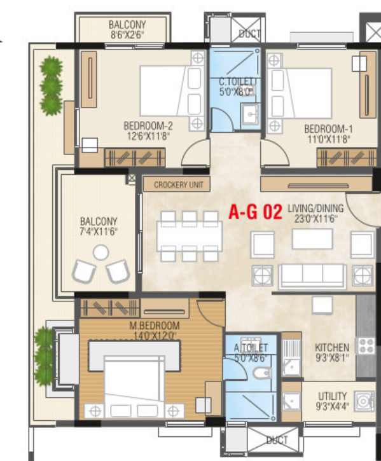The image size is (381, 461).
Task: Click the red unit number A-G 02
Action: coord(255,212)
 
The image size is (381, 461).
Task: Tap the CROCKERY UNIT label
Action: coord(179,185)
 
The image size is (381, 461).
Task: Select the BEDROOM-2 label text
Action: coord(148,126)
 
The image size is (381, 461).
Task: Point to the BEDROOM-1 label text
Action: coord(328,129)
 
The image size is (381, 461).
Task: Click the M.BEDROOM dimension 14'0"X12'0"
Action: coord(155,336)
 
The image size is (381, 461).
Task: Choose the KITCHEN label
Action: coord(332,348)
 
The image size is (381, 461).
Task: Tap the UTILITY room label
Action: coord(333,396)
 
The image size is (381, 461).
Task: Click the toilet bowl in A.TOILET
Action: coord(262,373)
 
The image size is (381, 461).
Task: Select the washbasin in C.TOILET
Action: coord(250,114)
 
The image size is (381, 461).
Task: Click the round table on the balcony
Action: coord(101,253)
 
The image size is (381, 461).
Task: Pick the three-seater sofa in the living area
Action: coord(312,276)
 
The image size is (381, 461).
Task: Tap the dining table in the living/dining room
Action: coord(190,236)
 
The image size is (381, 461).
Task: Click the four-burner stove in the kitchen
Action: coord(366,346)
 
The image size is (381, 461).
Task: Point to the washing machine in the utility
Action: coord(364,401)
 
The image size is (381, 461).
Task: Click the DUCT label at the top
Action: coord(249,34)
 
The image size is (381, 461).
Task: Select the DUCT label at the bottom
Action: coord(277,440)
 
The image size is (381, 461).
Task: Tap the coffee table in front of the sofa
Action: coord(312,238)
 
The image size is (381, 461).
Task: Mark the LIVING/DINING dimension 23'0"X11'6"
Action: coord(315,219)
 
